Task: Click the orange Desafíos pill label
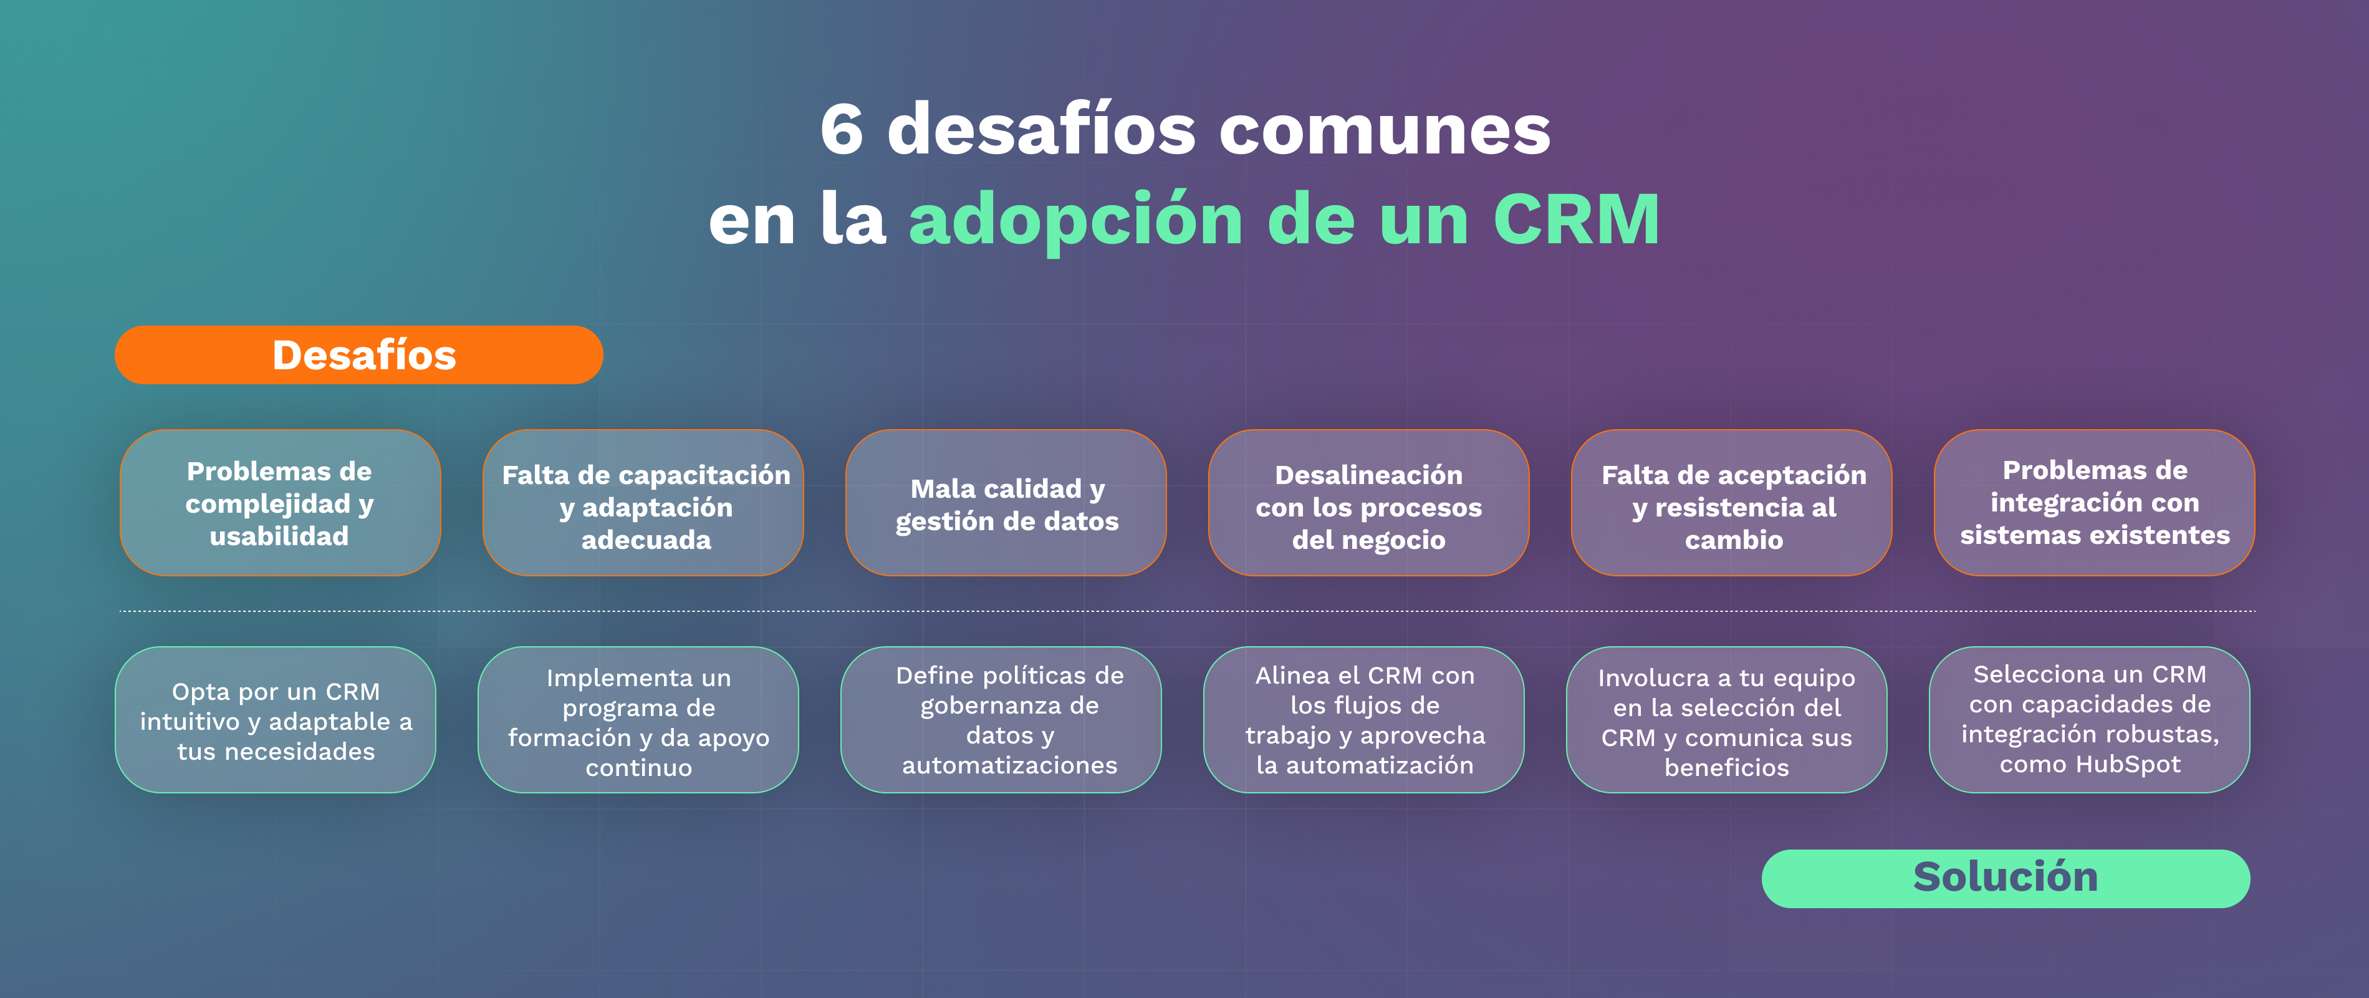coord(358,355)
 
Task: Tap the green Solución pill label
coord(2006,878)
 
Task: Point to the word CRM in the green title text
coord(1576,219)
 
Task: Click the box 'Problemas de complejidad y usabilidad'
coord(279,503)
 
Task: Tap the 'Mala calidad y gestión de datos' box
coord(1006,503)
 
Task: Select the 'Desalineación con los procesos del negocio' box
coord(1368,503)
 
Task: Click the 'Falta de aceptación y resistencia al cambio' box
coord(1732,503)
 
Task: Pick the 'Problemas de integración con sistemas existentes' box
coord(2094,503)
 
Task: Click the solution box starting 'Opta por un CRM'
coord(275,720)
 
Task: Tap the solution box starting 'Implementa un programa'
coord(638,720)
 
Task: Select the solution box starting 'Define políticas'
coord(1001,720)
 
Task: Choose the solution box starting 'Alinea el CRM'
coord(1364,720)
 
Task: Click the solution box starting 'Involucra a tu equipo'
coord(1726,720)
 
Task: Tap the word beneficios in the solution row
coord(1726,767)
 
